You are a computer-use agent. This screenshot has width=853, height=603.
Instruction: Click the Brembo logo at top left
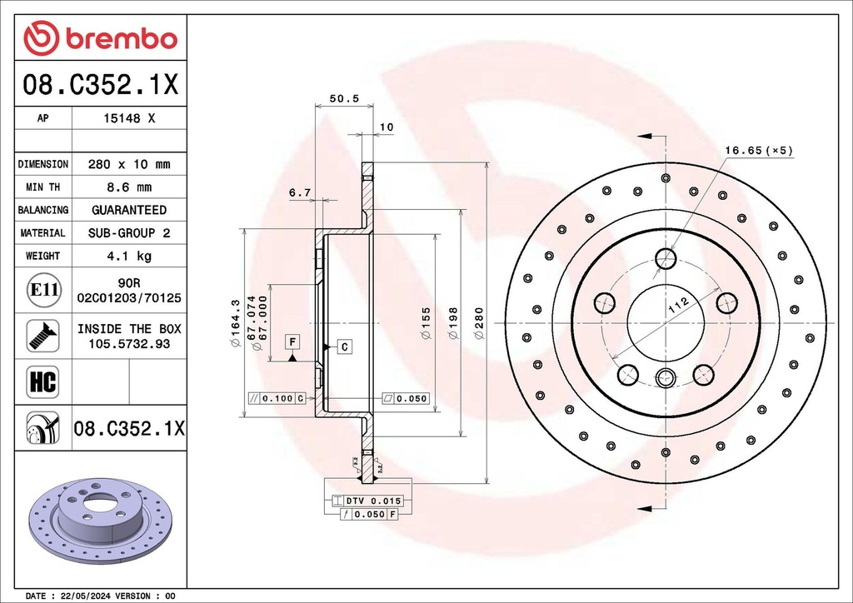(x=100, y=38)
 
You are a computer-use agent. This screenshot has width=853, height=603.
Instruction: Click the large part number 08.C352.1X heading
(x=100, y=84)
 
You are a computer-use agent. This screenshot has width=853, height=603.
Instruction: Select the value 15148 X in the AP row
(x=128, y=119)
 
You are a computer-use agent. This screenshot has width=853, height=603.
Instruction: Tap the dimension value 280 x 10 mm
(x=128, y=165)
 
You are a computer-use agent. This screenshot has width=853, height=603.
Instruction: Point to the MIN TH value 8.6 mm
(x=128, y=187)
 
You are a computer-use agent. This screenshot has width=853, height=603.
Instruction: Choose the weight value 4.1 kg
(x=128, y=256)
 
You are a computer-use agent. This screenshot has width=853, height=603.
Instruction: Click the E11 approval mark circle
(x=43, y=291)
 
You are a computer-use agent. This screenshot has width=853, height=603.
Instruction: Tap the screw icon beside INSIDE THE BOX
(x=43, y=336)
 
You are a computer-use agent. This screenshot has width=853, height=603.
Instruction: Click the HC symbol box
(x=43, y=382)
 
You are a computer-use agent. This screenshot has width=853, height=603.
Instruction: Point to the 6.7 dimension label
(x=299, y=192)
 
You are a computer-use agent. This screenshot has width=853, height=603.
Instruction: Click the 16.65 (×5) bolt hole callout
(x=758, y=151)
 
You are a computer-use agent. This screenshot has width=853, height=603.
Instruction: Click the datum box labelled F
(x=292, y=341)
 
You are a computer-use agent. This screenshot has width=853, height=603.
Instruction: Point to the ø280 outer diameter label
(x=479, y=323)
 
